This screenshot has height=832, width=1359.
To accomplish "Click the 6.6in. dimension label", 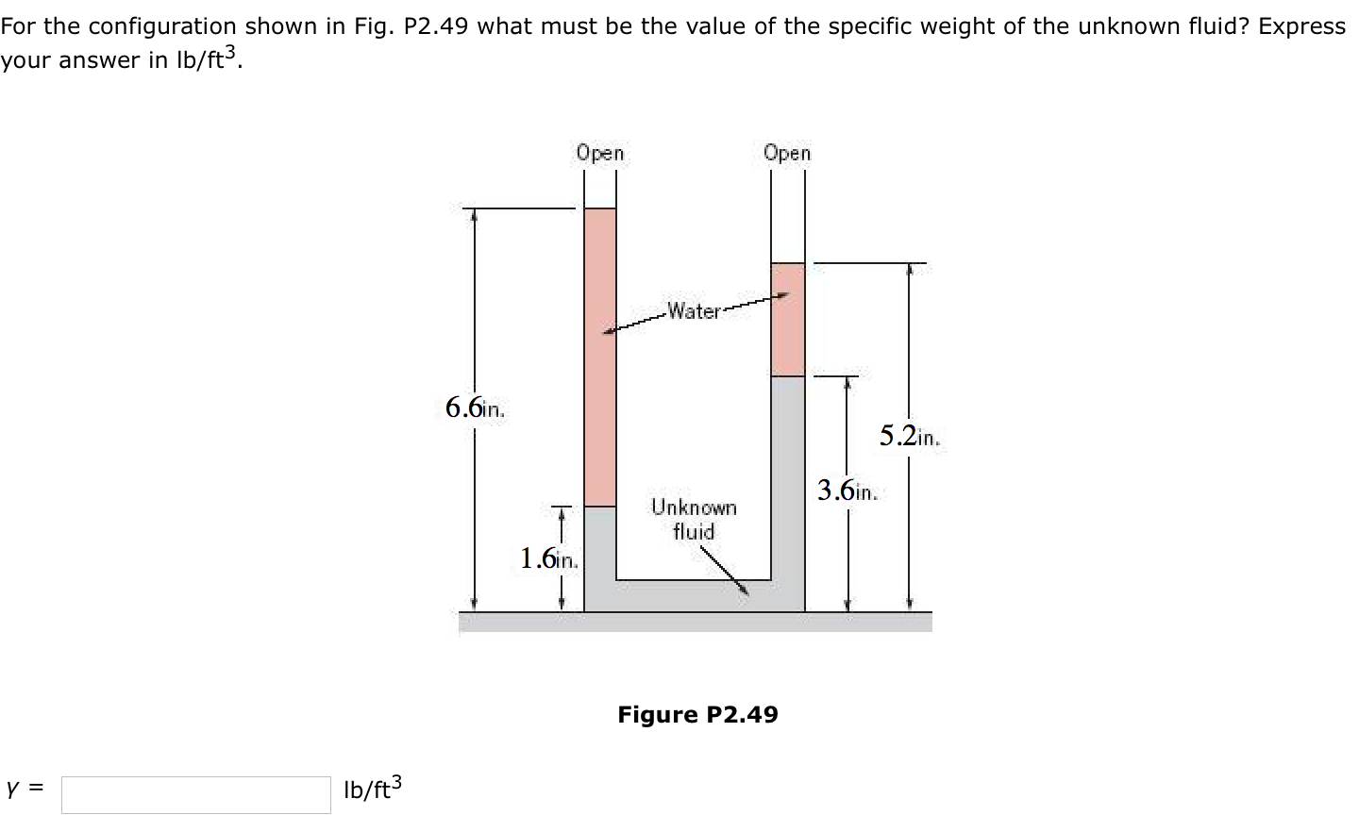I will pos(475,408).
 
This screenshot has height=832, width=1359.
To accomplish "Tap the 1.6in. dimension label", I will pos(548,558).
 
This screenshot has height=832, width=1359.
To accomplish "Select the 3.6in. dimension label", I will pos(847,491).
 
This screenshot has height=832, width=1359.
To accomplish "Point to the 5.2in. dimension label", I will pos(909,436).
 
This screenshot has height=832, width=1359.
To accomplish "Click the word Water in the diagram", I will pos(694,310).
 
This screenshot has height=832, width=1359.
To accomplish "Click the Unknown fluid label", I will pos(694,519).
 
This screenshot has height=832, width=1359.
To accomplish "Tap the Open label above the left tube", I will pos(600,153).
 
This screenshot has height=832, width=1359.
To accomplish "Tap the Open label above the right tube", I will pos(787,153).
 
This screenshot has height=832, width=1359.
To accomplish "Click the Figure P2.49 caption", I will pos(697,714).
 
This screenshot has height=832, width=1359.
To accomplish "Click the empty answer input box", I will pos(196,794).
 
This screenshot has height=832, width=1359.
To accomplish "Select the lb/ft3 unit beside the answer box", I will pos(372,789).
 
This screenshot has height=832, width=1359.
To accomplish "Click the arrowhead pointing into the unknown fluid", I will pos(746,590).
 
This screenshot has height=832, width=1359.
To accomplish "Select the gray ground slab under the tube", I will pos(695,622).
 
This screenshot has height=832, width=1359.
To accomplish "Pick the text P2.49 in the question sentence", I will pos(435,26).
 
